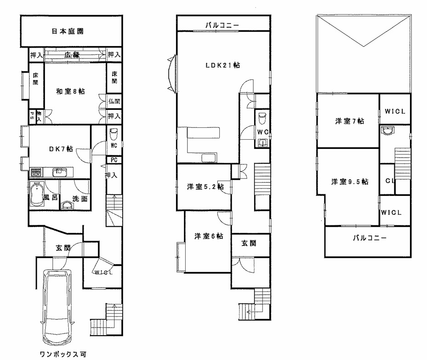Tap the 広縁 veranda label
pyautogui.click(x=73, y=55)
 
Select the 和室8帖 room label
pyautogui.click(x=70, y=91)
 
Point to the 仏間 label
pyautogui.click(x=114, y=102)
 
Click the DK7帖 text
pyautogui.click(x=61, y=149)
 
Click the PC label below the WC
pyautogui.click(x=114, y=160)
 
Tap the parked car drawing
pyautogui.click(x=59, y=306)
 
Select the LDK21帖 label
pyautogui.click(x=222, y=65)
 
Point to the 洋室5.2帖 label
pyautogui.click(x=205, y=187)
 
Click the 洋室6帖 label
pyautogui.click(x=208, y=236)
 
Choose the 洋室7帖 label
pyautogui.click(x=349, y=121)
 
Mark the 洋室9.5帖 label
pyautogui.click(x=350, y=182)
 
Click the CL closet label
pyautogui.click(x=389, y=181)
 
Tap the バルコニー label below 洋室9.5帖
pyautogui.click(x=370, y=238)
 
